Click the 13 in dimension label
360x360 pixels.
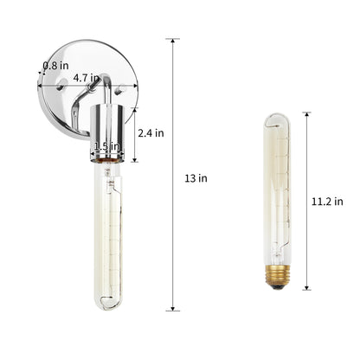[x=196, y=178]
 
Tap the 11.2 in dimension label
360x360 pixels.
[x=327, y=202]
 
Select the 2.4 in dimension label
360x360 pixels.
[x=151, y=133]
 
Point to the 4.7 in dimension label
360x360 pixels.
[x=86, y=78]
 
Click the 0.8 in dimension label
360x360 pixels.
[x=55, y=66]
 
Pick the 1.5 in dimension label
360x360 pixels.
[x=106, y=146]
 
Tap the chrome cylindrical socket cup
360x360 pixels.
[x=107, y=133]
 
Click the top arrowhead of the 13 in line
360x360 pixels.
[x=173, y=41]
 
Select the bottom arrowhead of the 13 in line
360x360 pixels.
[x=173, y=308]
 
